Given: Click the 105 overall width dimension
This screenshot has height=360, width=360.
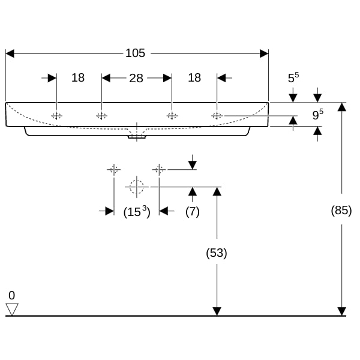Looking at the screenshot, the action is point(135,53).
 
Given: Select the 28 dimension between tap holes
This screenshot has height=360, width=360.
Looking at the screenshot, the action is point(136,78).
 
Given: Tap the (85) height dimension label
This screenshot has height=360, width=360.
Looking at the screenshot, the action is point(341,210).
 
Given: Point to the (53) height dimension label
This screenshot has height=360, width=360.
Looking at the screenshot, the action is point(217,253).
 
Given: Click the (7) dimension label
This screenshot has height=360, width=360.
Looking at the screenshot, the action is point(193,211).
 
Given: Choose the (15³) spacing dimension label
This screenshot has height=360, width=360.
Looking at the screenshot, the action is point(137,211).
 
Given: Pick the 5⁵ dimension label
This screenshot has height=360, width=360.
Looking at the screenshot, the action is point(293,77).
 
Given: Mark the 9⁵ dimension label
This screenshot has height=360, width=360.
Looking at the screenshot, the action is point(317,115).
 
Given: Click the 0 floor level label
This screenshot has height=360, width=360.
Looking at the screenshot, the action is point(12,295).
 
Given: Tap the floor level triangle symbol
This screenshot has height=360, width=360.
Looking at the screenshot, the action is point(12,310).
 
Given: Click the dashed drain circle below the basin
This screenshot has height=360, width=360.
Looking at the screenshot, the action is point(137,187).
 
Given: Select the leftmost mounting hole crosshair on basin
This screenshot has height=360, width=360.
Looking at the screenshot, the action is point(56,116).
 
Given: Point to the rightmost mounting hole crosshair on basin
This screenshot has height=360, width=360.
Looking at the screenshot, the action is point(217,116).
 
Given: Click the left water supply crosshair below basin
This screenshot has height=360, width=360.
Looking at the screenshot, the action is point(114,170).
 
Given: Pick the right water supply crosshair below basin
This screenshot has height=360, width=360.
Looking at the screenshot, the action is point(159,170).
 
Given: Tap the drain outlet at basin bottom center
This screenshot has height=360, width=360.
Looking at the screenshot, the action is point(137,137).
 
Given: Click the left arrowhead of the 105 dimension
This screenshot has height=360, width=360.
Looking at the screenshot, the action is point(10,53).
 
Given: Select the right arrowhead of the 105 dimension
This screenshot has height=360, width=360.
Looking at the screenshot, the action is point(264,53).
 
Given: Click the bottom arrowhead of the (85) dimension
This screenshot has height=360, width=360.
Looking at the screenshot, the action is point(341,311).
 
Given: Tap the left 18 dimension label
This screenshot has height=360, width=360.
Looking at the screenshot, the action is point(78,77).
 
